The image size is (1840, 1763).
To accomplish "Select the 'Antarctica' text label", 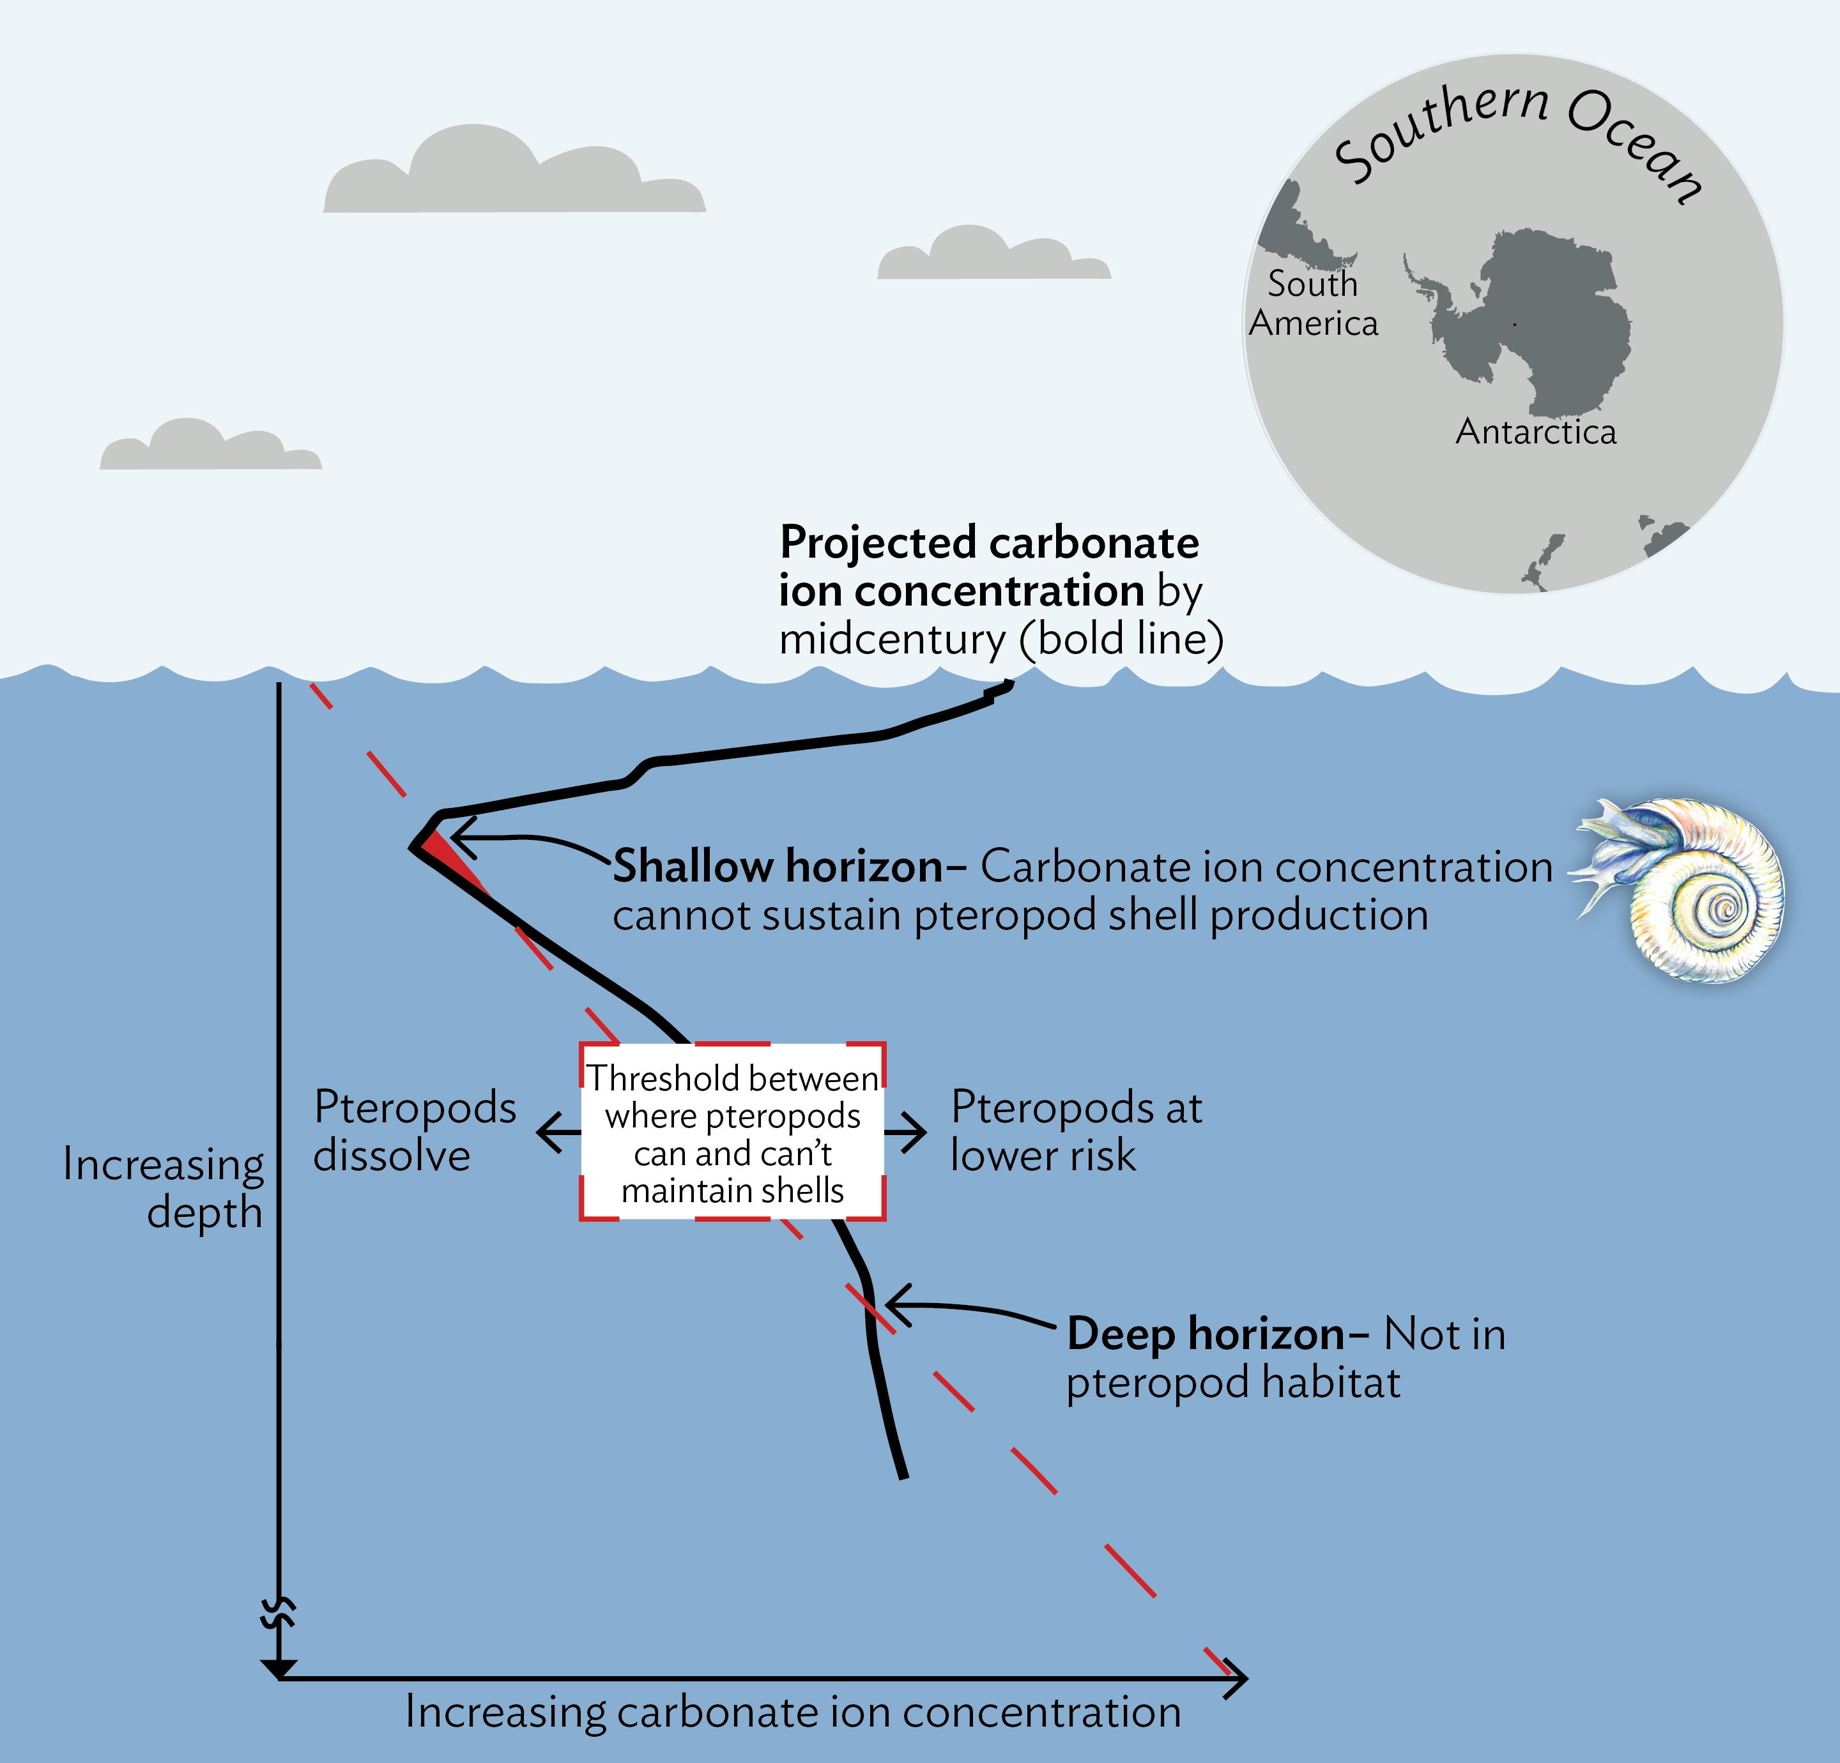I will [1536, 432].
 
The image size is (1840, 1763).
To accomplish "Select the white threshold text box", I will [732, 1132].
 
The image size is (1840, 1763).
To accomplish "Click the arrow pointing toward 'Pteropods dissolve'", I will [556, 1132].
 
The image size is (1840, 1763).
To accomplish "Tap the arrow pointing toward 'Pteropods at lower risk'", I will [907, 1132].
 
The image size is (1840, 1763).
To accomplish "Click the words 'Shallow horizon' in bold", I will [778, 866].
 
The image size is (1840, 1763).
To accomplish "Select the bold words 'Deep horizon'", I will [1206, 1334].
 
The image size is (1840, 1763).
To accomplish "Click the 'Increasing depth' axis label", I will [164, 1187].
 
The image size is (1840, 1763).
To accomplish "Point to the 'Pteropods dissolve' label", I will [413, 1131].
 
